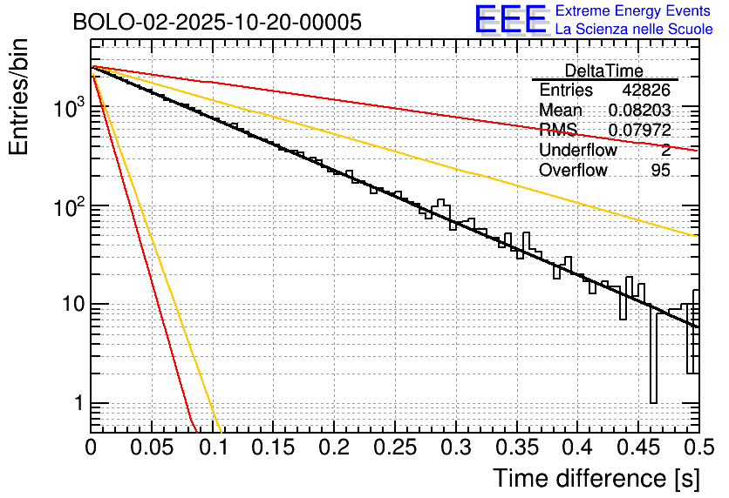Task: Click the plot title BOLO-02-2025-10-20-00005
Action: point(217,22)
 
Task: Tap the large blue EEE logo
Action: point(510,19)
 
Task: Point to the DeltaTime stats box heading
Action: point(604,71)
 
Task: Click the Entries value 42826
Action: point(646,90)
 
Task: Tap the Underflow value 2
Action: point(665,150)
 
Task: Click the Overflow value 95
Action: point(660,170)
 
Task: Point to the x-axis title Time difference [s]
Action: point(595,478)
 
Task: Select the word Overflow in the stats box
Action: point(573,170)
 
